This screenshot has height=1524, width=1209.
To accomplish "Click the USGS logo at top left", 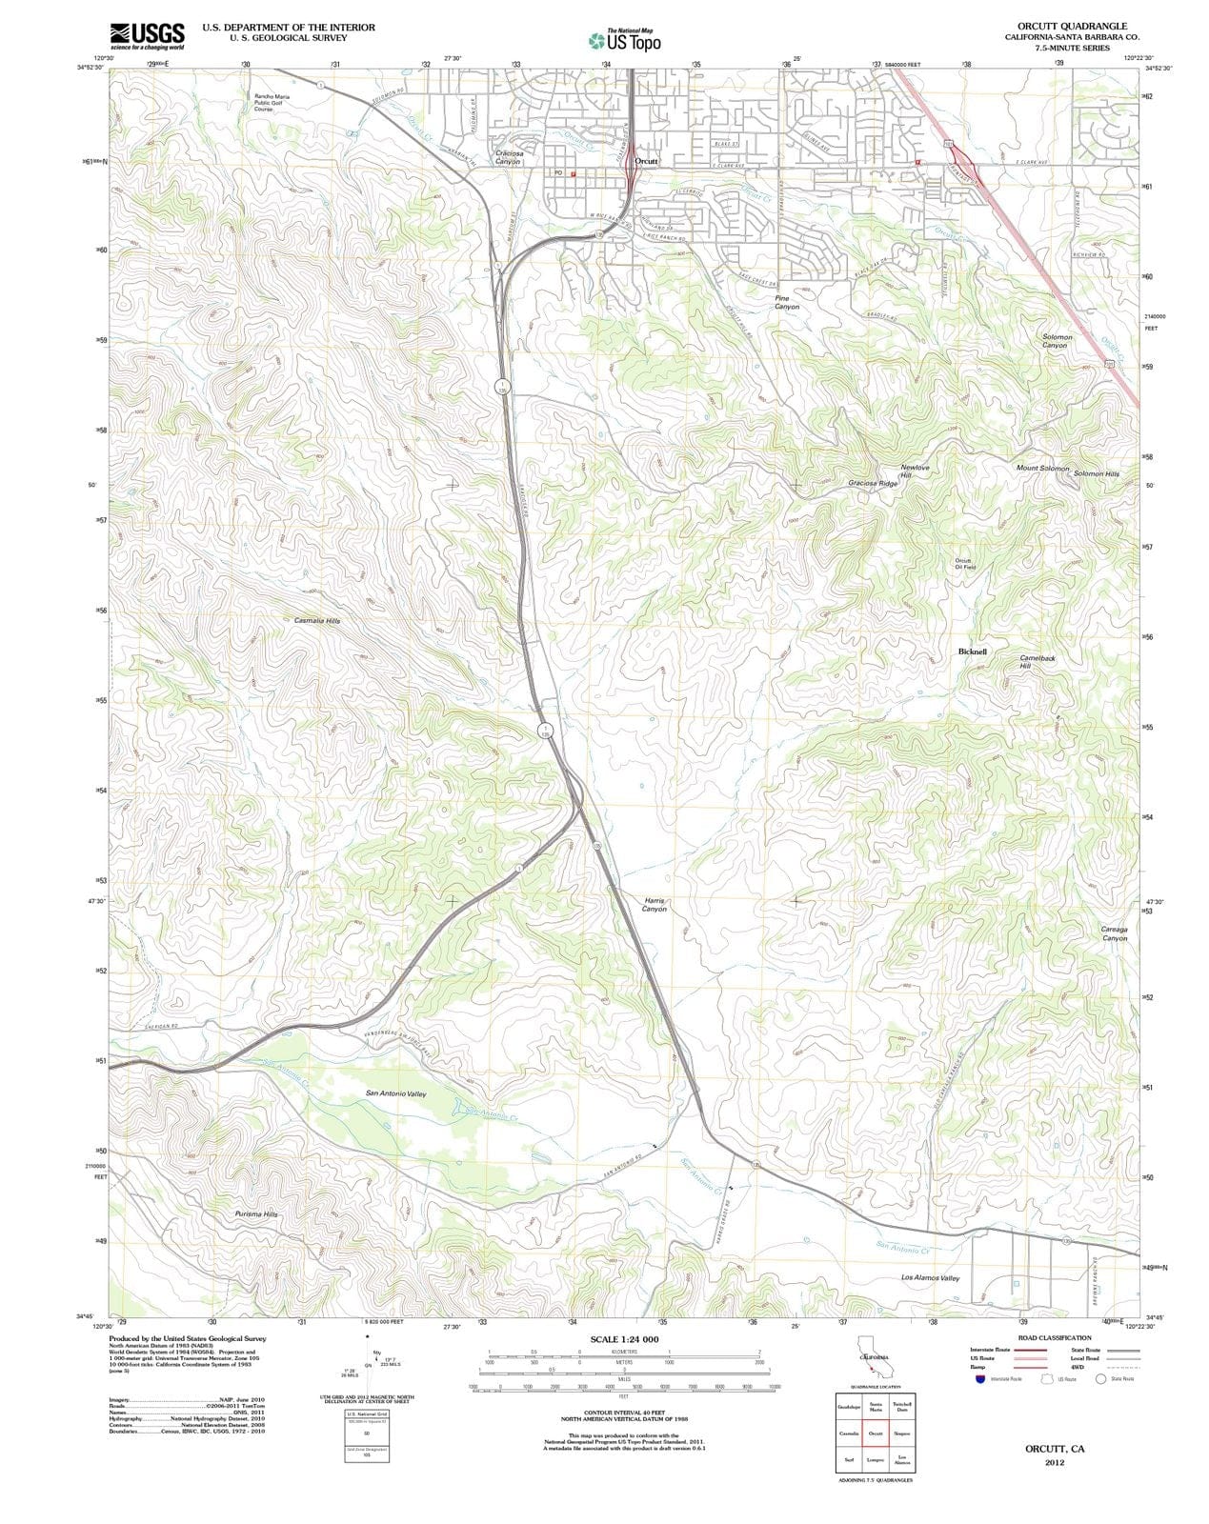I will coord(147,35).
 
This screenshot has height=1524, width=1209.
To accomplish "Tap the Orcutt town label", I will coord(647,162).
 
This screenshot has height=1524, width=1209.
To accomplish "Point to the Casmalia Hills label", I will coord(316,620).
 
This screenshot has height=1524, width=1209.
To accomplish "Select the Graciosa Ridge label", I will coord(873,484).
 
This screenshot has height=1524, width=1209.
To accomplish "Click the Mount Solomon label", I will coord(1042,469).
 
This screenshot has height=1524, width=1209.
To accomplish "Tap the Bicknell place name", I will coord(972,652).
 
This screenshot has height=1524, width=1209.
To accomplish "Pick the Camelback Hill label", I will coord(1037,662).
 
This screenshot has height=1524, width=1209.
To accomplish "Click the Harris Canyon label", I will coord(655,904).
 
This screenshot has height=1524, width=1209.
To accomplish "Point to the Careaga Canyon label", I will coord(1115,933).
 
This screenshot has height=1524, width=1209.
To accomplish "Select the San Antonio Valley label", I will coord(396,1093).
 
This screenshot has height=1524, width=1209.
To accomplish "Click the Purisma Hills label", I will coord(256,1214).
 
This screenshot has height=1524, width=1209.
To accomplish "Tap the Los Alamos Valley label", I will coord(930,1277).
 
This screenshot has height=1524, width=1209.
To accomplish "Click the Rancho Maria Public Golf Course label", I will coord(272,102).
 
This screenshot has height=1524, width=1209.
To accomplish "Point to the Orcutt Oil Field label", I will coord(964,564).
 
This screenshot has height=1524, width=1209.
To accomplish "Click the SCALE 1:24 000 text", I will coord(624,1339).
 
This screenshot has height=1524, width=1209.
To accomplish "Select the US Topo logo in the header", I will coord(625,41).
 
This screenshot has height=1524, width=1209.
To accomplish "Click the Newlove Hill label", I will coord(915,471).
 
